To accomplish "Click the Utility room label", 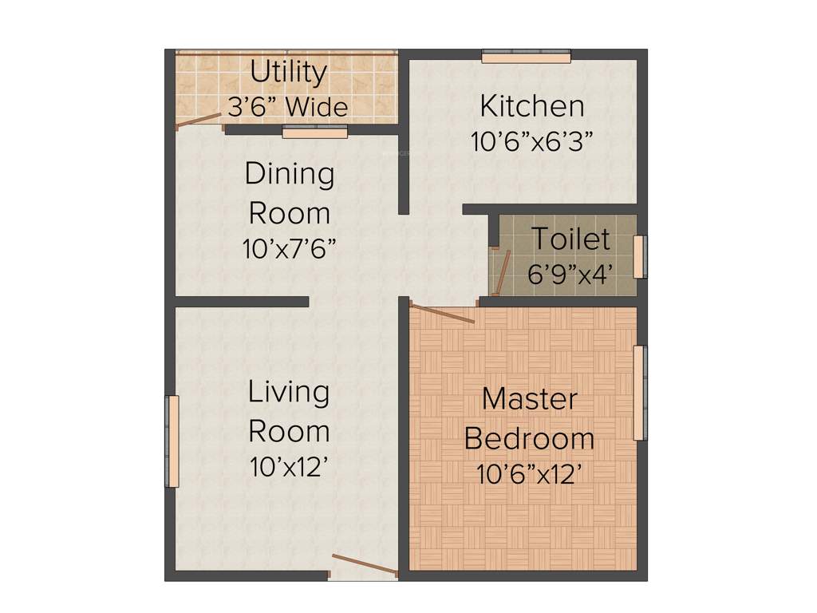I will (x=288, y=73).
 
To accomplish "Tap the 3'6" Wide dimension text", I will (x=288, y=107).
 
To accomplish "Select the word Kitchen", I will (x=531, y=105).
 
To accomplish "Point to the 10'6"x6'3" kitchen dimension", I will (x=531, y=142).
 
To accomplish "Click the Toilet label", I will (x=570, y=239).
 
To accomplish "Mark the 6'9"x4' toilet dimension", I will (x=570, y=275).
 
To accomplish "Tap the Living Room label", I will (x=289, y=411).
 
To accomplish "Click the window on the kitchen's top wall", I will (x=527, y=57).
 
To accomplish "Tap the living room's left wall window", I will (x=172, y=441).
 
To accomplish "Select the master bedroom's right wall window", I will (x=639, y=393).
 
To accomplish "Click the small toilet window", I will (x=639, y=257).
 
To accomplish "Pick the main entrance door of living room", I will (x=364, y=564).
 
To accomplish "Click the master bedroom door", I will (x=442, y=313).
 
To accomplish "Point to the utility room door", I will (x=199, y=121).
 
